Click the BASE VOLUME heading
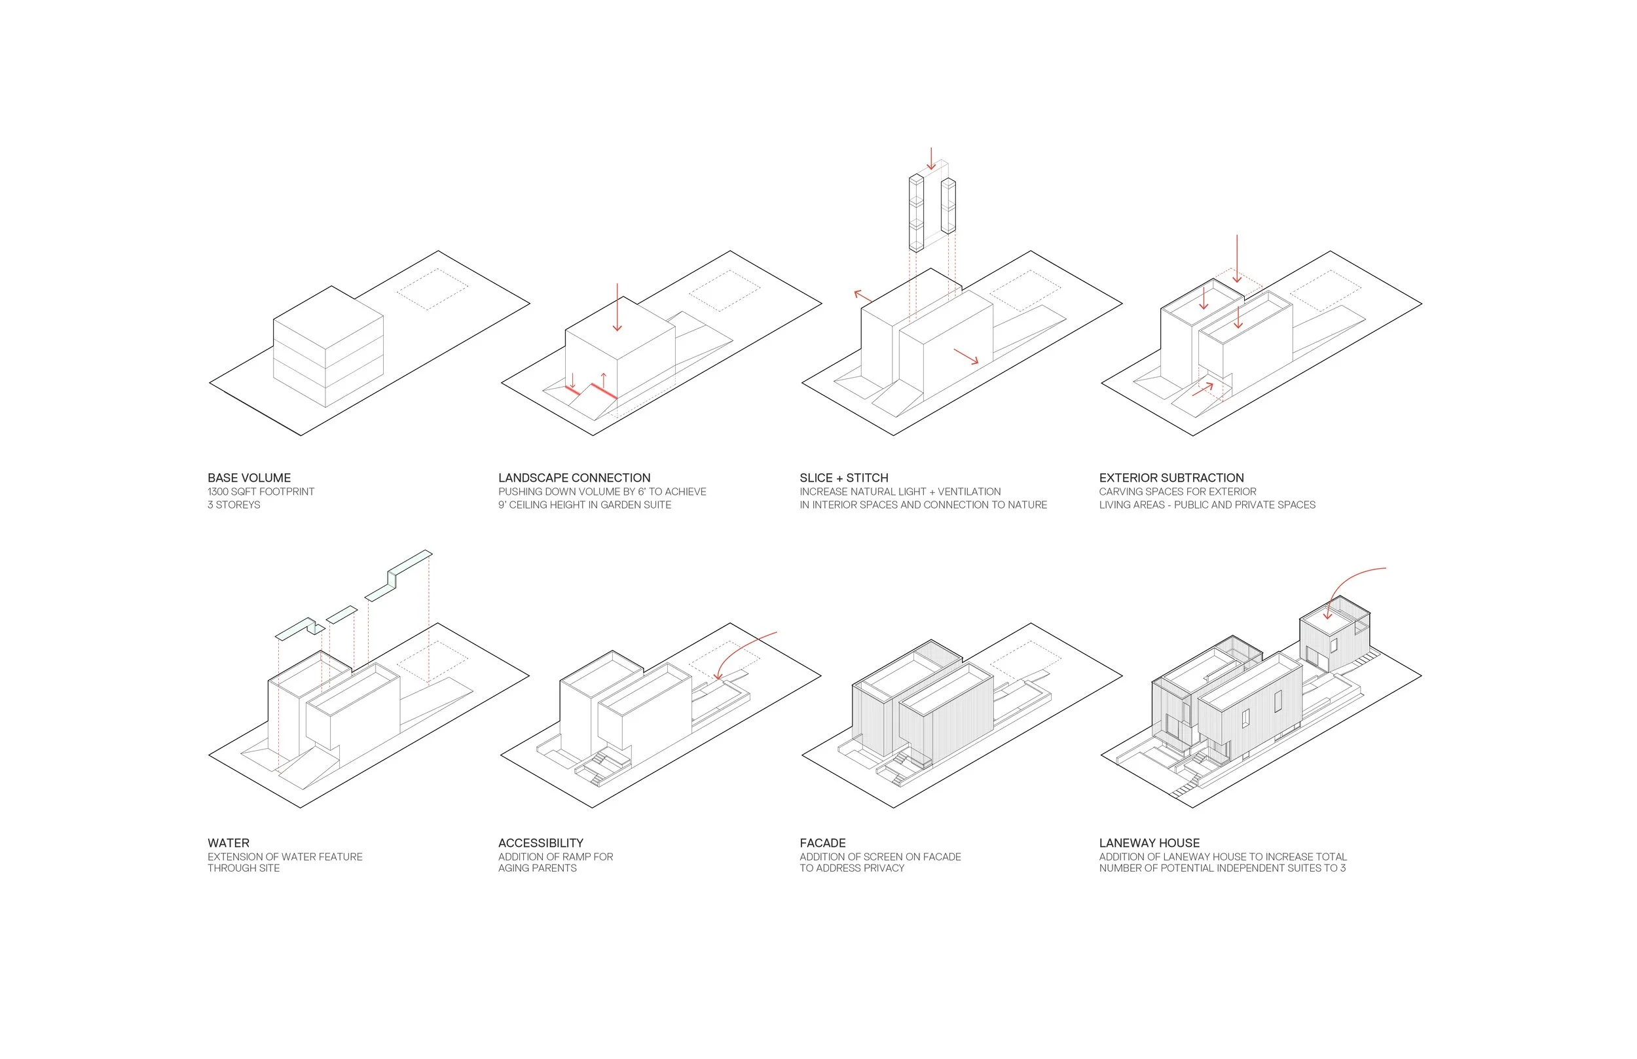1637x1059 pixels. (249, 478)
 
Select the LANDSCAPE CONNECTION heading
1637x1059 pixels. (574, 478)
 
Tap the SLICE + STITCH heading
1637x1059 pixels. (844, 478)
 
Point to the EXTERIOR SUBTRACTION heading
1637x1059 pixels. (1171, 478)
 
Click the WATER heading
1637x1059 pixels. (229, 843)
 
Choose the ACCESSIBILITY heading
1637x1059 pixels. (541, 843)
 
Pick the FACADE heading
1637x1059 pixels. (822, 843)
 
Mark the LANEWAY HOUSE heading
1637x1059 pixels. (1149, 843)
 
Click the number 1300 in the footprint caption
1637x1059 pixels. (219, 492)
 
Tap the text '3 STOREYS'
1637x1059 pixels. (234, 505)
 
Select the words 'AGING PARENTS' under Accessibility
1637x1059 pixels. (537, 869)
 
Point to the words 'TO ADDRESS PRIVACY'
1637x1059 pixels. (851, 869)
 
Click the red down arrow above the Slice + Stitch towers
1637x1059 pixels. (931, 158)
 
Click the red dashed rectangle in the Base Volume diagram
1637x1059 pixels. (433, 289)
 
